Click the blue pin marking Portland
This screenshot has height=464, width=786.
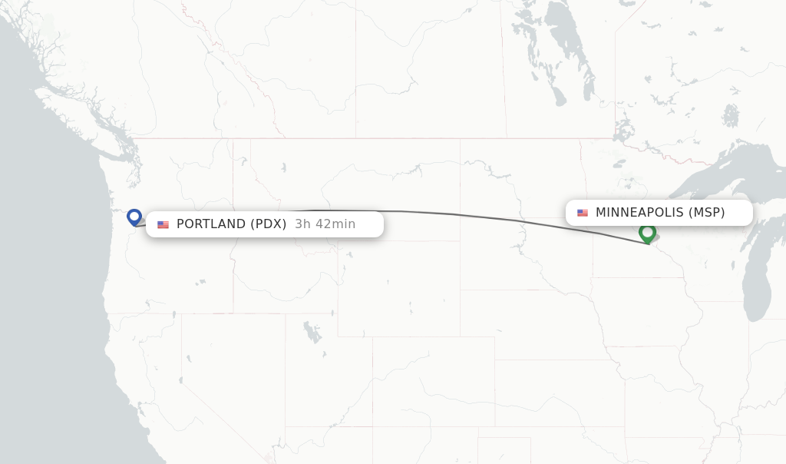point(134,217)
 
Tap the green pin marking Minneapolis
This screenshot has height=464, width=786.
point(647,232)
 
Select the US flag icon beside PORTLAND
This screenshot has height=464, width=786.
point(163,224)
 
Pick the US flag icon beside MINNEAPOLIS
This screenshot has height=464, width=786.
point(583,213)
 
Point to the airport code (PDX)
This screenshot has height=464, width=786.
point(268,224)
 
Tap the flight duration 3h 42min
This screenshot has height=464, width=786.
point(325,224)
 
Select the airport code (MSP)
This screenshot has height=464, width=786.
point(706,213)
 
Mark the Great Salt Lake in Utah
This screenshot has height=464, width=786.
point(312,332)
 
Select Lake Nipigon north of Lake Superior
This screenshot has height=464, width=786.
point(730,115)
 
